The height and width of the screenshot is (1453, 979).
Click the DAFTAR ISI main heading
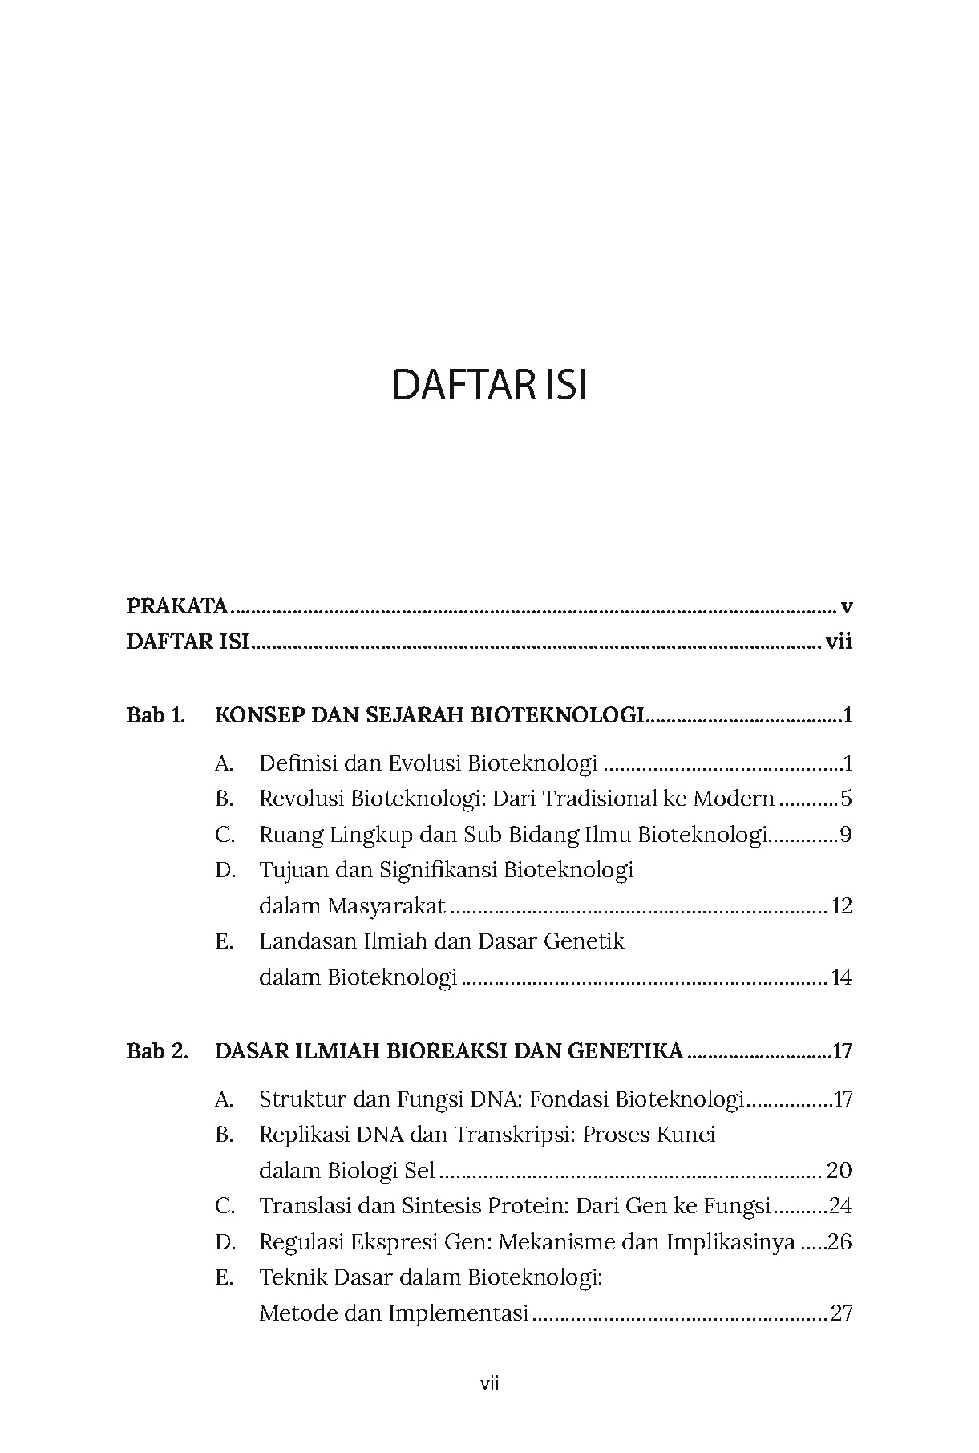click(489, 386)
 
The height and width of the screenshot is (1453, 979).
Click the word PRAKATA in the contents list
click(177, 606)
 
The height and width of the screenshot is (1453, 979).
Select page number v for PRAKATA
click(846, 607)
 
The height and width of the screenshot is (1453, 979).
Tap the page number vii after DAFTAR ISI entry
click(838, 642)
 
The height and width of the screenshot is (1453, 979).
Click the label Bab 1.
click(156, 715)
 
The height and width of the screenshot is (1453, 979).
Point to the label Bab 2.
click(157, 1051)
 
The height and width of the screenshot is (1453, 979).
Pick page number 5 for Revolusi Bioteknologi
click(846, 799)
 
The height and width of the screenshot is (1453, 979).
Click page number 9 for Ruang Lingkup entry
click(845, 835)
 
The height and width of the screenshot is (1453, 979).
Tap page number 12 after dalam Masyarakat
click(841, 907)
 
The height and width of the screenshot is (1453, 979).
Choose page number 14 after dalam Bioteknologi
click(841, 978)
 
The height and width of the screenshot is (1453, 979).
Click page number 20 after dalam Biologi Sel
click(839, 1171)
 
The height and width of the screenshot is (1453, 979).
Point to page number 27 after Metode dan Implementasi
click(841, 1314)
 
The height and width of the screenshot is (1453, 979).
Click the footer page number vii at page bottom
click(489, 1383)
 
